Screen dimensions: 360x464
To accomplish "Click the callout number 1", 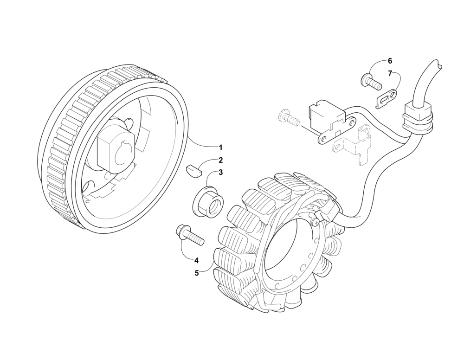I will pos(220,148).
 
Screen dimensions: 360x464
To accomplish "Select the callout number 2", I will pos(220,161).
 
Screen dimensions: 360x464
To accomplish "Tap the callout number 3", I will pos(220,173).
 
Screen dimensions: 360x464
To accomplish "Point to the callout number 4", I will pos(197,261).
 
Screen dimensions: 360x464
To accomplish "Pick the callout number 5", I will pos(197,273).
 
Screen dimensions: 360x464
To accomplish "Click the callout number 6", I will pos(390,61).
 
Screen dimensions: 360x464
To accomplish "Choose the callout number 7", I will pos(390,73).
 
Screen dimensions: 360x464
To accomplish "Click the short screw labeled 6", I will pos(370,82).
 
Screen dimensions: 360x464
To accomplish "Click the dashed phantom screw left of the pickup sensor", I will pos(287,118).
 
